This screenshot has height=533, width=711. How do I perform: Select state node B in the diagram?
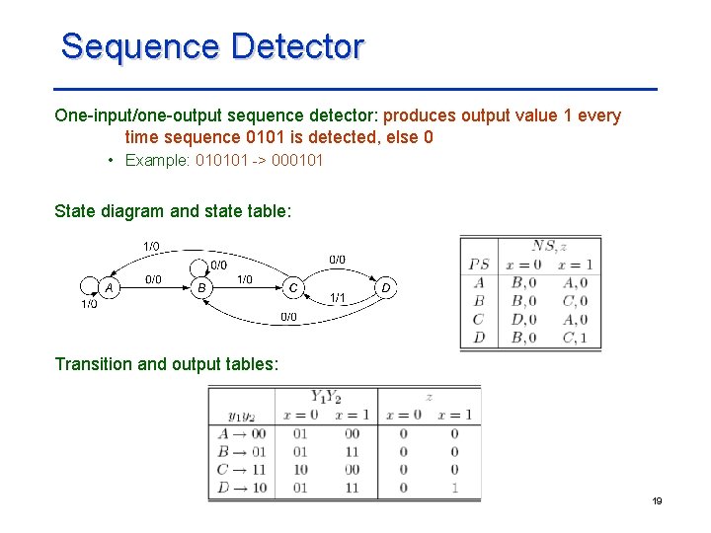coord(201,287)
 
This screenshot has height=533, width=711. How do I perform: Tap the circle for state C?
coord(292,287)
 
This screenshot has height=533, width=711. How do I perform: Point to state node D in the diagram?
coord(386,287)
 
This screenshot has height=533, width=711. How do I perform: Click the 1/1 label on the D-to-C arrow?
coord(338,297)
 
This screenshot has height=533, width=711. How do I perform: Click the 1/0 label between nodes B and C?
coord(244,279)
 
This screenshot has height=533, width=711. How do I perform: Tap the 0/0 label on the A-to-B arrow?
coord(154,279)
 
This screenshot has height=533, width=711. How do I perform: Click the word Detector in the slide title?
coord(297,46)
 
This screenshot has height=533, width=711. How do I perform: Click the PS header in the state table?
coord(479,265)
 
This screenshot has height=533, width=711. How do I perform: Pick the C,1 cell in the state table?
coord(574,338)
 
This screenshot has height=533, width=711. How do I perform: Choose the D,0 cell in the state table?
coord(523,319)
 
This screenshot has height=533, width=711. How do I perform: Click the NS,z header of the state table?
coord(549,247)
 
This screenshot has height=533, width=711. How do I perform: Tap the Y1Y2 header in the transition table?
coord(325,398)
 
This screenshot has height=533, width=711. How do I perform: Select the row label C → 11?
coord(241,470)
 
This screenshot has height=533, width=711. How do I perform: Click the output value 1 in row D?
coord(454,488)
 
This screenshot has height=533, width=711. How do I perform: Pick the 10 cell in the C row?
coord(300,470)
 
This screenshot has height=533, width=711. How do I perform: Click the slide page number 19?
coord(657,501)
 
